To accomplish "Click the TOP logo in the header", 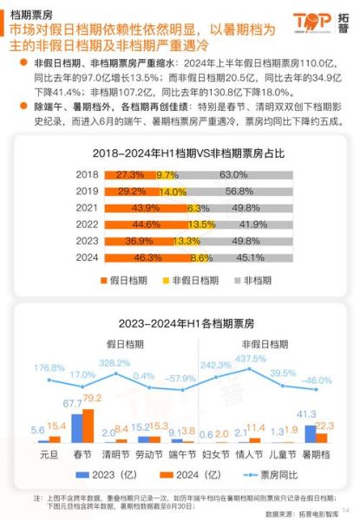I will coord(313,22).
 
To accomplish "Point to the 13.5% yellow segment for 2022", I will coord(198,224).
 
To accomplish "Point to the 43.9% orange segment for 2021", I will coord(146,207).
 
